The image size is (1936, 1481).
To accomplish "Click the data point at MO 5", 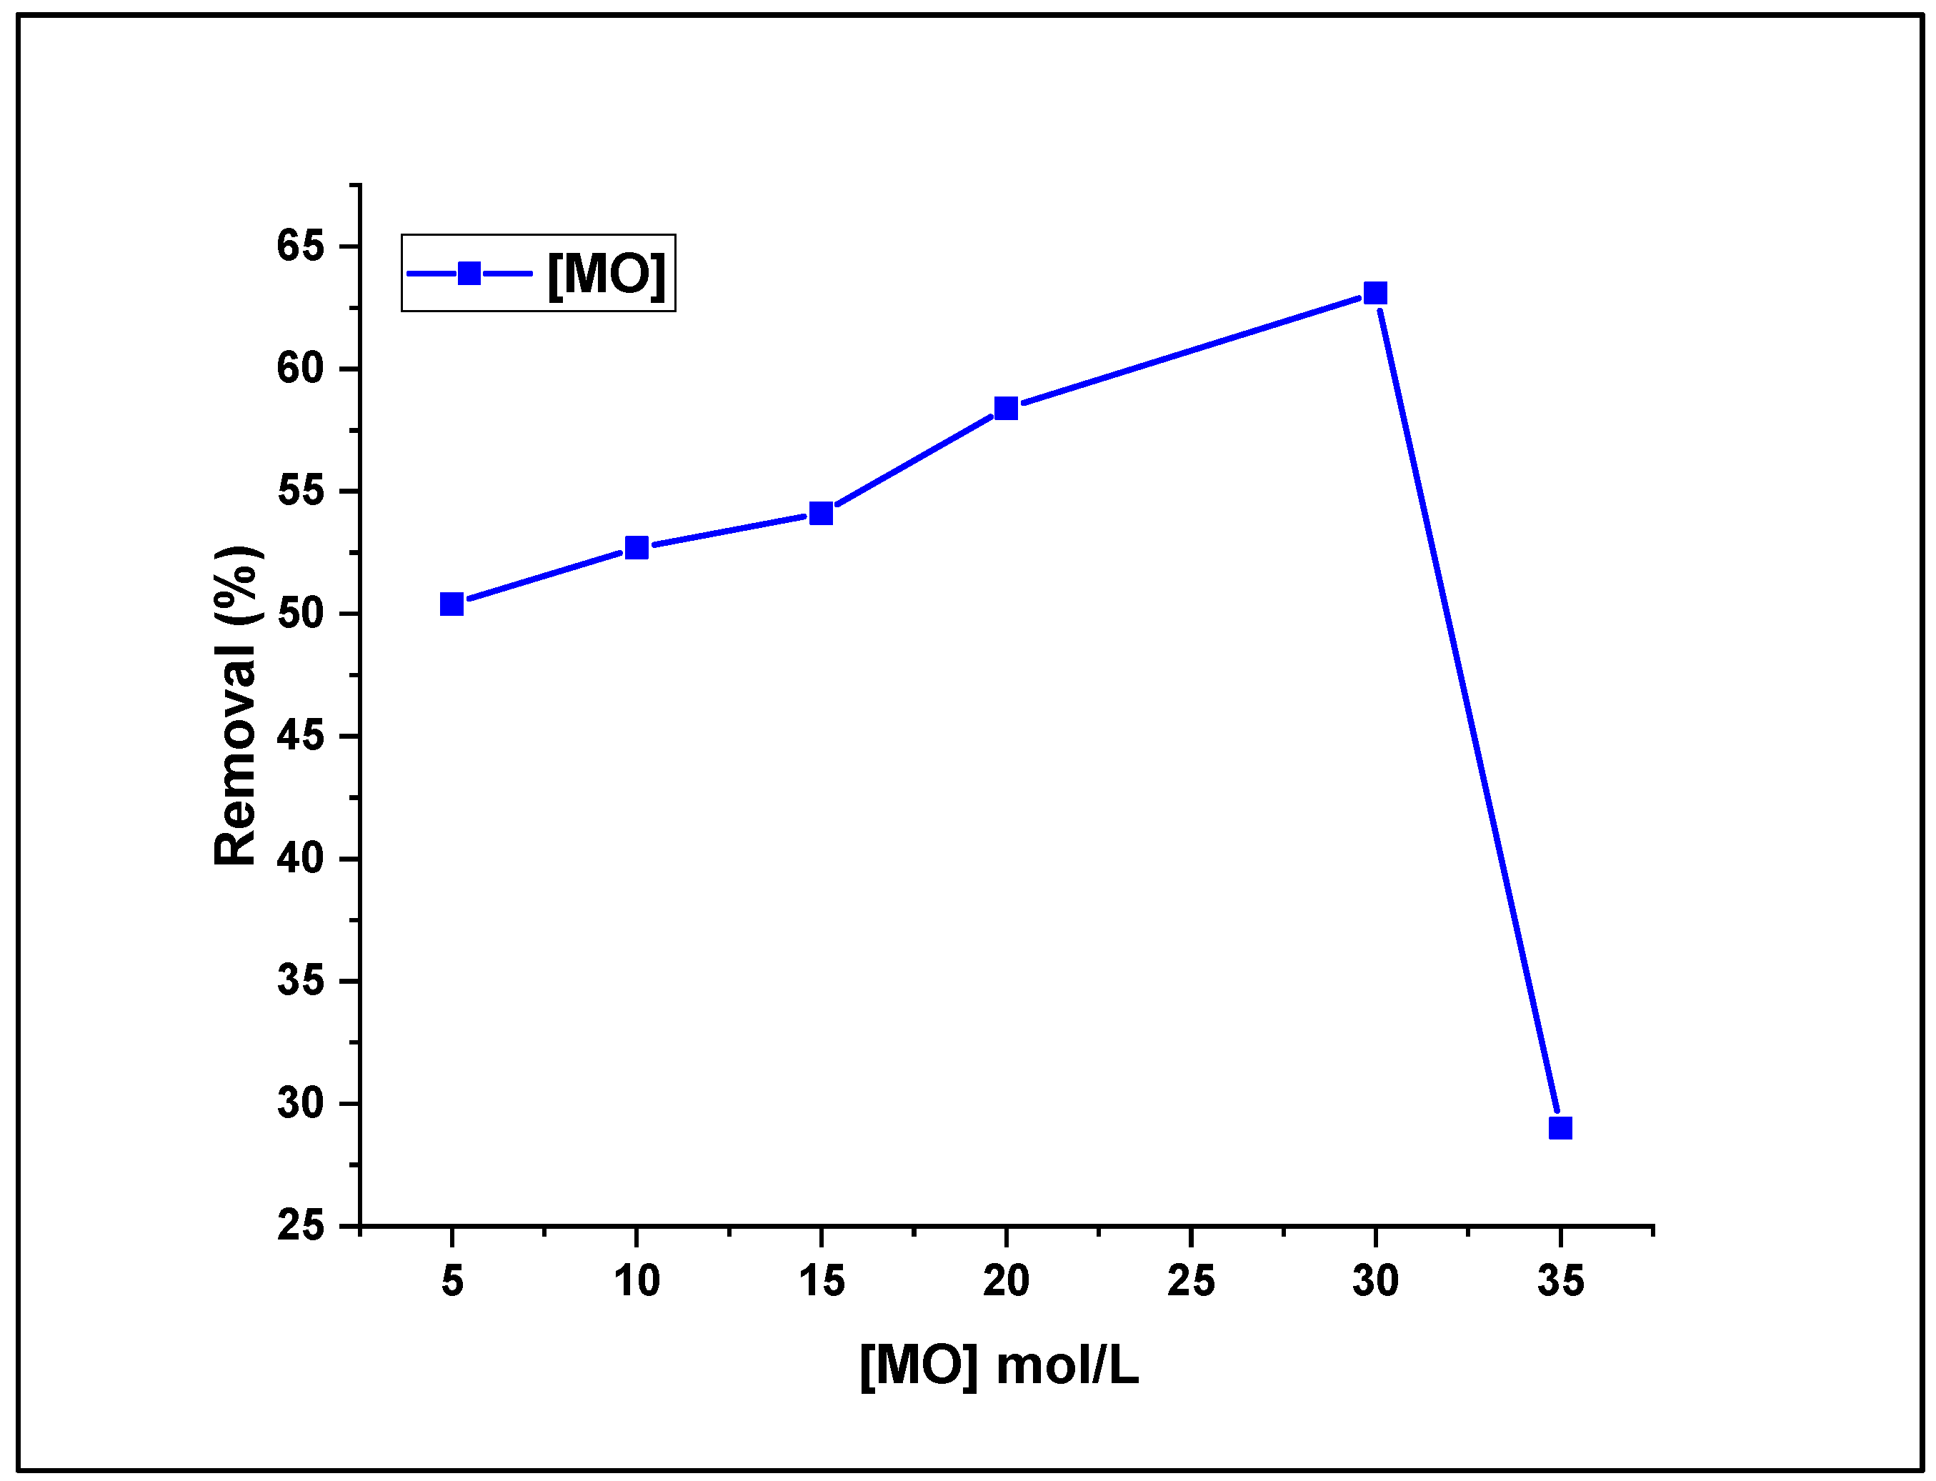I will tap(451, 604).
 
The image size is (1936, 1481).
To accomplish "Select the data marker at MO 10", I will tap(637, 547).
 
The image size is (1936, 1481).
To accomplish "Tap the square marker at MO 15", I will tap(821, 513).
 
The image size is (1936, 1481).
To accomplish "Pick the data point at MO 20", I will tap(1006, 408).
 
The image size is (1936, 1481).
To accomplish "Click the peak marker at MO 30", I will tap(1375, 293).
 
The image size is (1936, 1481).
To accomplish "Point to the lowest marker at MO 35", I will tap(1560, 1128).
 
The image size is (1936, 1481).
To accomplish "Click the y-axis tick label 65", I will tap(300, 245).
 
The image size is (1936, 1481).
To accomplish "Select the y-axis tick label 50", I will tap(300, 614).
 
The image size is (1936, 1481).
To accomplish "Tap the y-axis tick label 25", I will tap(300, 1226).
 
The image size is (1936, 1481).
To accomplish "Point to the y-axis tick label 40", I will tap(300, 859).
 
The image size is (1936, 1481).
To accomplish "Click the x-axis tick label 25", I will tap(1191, 1282).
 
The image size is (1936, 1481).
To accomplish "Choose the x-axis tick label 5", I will tap(452, 1282).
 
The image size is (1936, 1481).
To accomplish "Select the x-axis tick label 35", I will tap(1560, 1282).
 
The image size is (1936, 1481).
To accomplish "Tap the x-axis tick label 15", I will tap(822, 1282).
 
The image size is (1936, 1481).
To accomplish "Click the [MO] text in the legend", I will tap(607, 274).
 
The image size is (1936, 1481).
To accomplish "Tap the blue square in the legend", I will tap(469, 274).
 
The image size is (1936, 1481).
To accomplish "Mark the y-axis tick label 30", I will tap(300, 1104).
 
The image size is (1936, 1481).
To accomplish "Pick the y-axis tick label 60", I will tap(300, 369).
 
